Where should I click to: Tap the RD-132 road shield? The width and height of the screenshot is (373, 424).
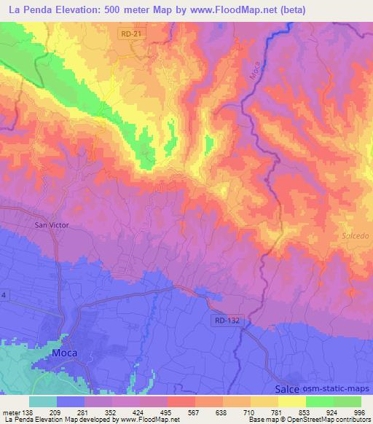click(x=227, y=320)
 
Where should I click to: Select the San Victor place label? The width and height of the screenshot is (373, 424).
click(x=52, y=225)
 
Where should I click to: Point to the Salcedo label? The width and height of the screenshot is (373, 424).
click(x=356, y=236)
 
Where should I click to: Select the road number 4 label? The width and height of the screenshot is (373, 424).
click(x=4, y=295)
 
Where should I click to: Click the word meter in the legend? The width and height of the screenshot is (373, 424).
click(x=12, y=412)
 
